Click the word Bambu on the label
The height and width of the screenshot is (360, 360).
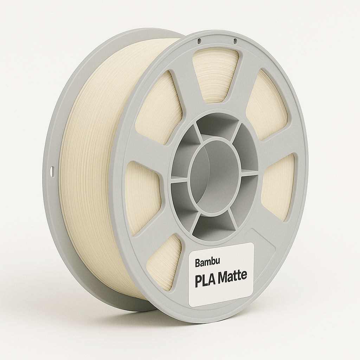(x=207, y=262)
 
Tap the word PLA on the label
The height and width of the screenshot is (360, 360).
(x=205, y=279)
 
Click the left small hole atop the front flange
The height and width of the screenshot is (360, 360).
(x=199, y=41)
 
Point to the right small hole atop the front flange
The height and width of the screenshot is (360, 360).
(x=234, y=41)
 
